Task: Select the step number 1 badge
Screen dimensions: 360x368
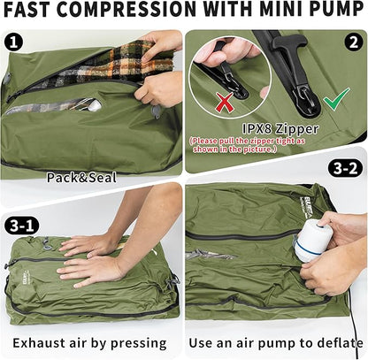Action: [15, 42]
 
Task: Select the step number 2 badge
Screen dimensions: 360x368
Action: [352, 42]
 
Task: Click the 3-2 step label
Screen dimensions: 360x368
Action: [344, 167]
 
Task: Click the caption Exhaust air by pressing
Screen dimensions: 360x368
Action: [93, 341]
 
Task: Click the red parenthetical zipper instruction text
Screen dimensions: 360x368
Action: [274, 145]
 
